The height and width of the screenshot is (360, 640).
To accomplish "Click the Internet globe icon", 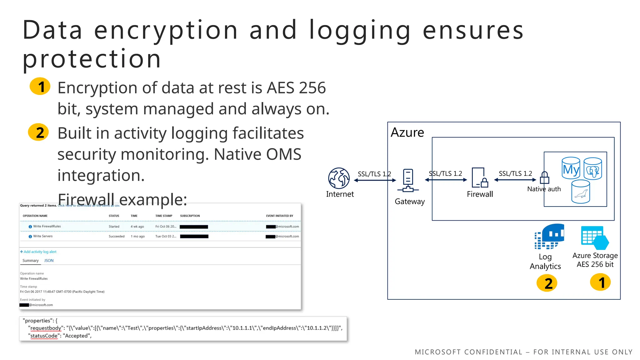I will (x=339, y=178).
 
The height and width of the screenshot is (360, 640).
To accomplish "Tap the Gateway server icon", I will (x=408, y=181).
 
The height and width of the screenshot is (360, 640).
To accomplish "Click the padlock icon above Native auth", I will (x=544, y=177).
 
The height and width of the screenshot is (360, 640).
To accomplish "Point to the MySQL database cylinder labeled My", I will (x=571, y=168).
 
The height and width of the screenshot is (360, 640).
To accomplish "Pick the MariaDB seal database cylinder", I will (x=581, y=192).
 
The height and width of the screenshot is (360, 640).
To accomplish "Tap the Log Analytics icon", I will (x=549, y=236).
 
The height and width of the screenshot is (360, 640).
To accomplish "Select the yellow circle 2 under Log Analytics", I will (x=547, y=283).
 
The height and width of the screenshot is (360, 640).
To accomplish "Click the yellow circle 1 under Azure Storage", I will (x=600, y=282).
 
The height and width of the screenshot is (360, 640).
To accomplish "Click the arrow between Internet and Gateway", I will (x=375, y=180).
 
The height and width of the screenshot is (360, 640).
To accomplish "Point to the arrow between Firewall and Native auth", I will (x=515, y=180).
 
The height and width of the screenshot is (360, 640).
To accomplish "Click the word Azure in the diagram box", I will (x=407, y=132).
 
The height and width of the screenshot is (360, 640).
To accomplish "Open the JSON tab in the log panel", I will (x=49, y=261).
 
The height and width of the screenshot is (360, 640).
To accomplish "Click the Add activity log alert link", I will (x=38, y=252).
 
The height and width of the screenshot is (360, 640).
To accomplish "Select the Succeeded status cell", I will (x=117, y=237).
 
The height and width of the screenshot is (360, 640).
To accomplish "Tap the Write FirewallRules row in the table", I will (x=47, y=227).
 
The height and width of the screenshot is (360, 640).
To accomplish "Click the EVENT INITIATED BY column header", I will (x=279, y=216).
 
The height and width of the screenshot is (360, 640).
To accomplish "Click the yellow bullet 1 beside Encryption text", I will (x=40, y=86).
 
